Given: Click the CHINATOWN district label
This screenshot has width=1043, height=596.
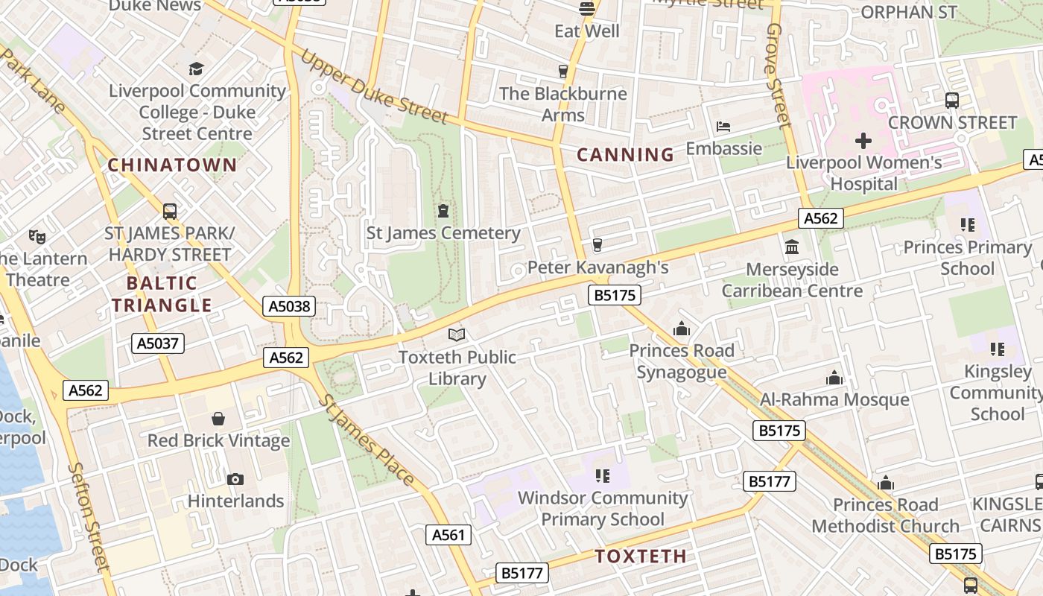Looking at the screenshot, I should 172,165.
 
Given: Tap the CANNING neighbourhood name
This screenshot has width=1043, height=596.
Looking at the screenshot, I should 626,155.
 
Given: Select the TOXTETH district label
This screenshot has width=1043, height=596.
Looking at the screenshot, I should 641,557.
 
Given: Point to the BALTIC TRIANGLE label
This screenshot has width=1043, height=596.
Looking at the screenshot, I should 162,294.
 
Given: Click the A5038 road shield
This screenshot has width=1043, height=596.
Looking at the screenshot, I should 289,306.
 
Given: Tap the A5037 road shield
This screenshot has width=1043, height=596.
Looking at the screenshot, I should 158,343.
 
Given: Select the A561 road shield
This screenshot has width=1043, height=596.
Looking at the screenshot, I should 449,534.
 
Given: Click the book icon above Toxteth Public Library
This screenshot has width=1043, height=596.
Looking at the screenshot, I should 457,335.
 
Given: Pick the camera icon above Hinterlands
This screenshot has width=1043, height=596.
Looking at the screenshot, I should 235,479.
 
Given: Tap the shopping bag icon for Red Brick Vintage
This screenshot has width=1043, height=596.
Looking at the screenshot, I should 218,419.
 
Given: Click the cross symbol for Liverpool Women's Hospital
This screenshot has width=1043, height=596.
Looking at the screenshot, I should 863,140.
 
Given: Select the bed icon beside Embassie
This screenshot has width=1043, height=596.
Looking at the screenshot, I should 723,126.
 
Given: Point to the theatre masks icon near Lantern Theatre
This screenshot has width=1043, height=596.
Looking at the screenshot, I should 37,237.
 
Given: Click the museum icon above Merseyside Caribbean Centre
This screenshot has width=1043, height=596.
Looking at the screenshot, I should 792,247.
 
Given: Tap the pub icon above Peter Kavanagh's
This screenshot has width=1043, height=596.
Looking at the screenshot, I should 597,245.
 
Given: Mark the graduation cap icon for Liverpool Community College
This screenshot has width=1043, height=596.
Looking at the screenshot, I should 197,69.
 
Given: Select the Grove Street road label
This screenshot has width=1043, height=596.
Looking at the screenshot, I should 776,74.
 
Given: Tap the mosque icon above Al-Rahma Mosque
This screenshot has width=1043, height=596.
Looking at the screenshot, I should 834,378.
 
